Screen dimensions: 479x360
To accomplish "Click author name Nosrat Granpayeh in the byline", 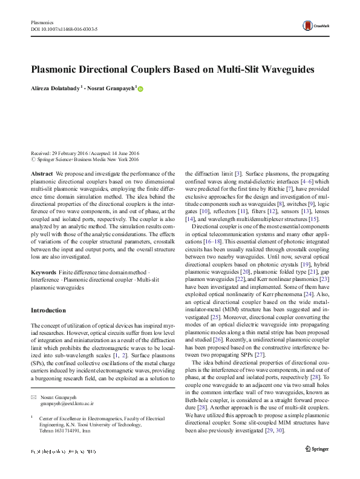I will [114, 88].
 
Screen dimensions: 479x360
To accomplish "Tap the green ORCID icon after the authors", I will [141, 88].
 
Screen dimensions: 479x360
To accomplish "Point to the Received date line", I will [85, 154].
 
